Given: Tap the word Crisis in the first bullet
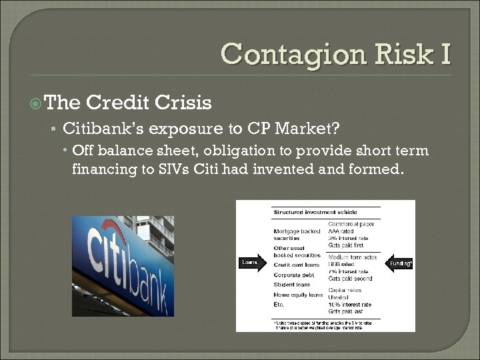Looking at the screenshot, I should (x=182, y=103).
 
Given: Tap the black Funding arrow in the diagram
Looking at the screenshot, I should (x=401, y=263).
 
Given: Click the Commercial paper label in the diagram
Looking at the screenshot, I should (x=351, y=225).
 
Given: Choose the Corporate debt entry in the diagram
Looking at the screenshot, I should (x=295, y=275).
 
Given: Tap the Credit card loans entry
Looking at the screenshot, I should (x=297, y=265).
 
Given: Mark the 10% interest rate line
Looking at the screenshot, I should (x=350, y=305).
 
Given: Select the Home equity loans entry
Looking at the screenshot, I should (x=298, y=295).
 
